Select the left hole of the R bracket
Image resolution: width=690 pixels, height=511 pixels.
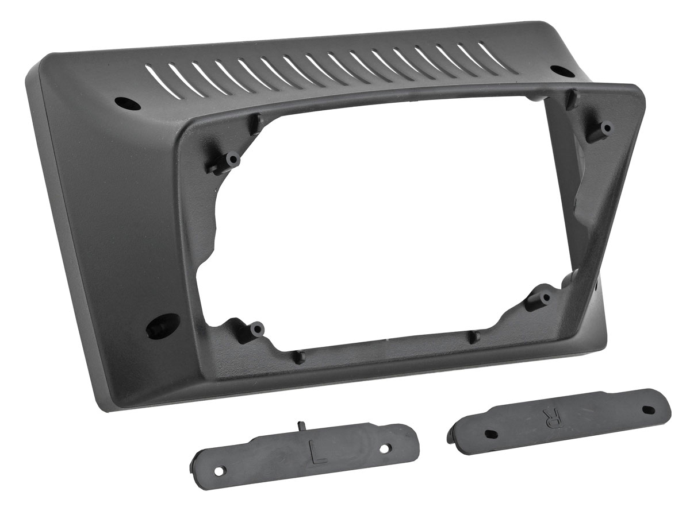(x=490, y=433)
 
